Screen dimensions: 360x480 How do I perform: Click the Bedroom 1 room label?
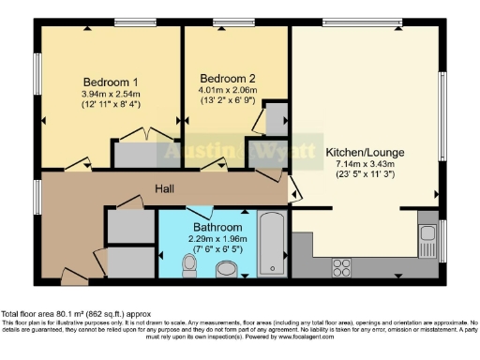point(111,81)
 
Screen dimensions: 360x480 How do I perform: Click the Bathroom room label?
point(217,228)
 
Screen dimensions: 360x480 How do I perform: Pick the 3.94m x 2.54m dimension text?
point(111,94)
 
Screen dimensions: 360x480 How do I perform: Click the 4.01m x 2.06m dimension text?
point(228,91)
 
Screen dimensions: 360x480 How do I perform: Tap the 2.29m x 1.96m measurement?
point(217,240)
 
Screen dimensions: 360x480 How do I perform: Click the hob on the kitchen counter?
point(339,268)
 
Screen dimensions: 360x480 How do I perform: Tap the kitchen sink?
point(427,238)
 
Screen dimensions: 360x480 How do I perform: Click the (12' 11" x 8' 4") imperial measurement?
point(111,105)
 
